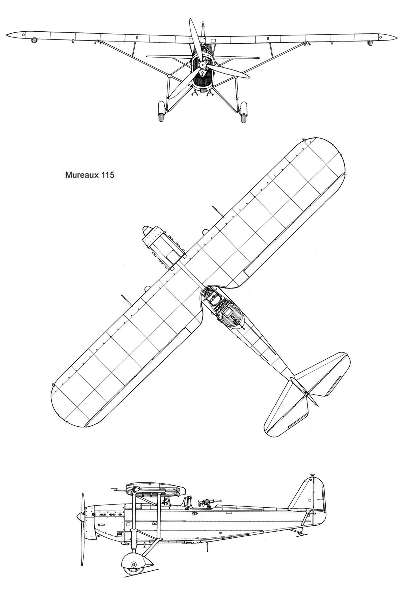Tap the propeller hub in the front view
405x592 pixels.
[x=202, y=65]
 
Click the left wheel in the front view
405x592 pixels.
[x=162, y=112]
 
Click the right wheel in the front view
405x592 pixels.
[x=244, y=112]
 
